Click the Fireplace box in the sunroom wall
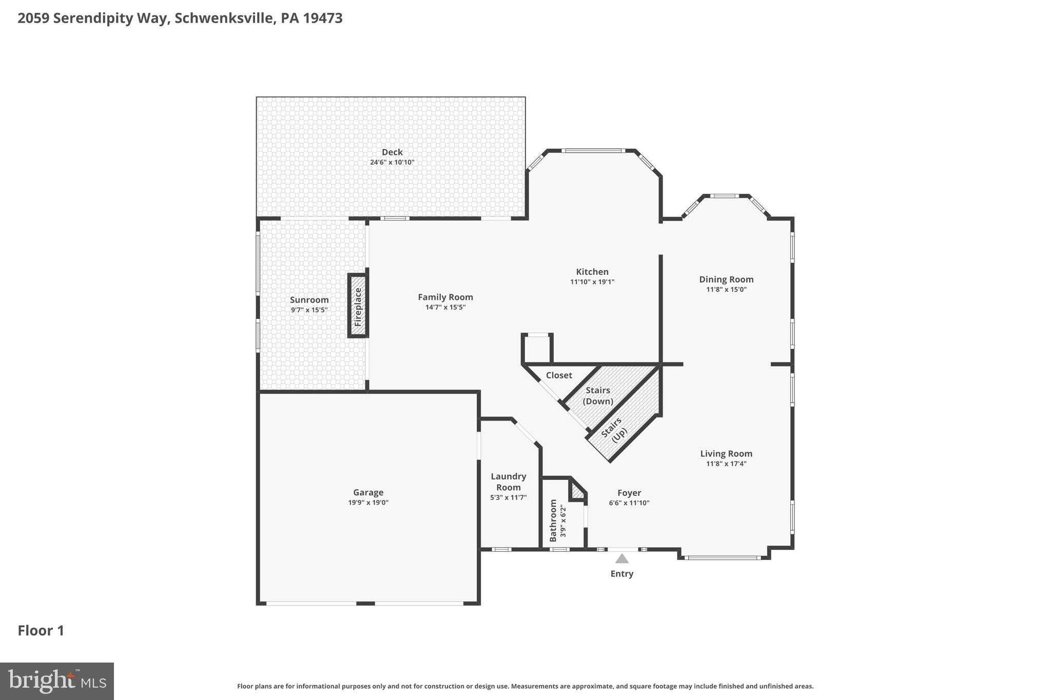[x=358, y=306]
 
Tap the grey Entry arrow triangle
[x=622, y=558]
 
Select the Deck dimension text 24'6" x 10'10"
[x=392, y=163]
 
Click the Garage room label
[x=368, y=492]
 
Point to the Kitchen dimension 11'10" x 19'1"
[x=592, y=282]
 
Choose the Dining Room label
[x=726, y=279]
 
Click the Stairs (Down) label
[x=598, y=396]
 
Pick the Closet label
[x=559, y=375]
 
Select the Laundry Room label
[x=509, y=482]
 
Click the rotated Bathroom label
[x=553, y=521]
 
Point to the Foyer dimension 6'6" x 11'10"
[x=629, y=503]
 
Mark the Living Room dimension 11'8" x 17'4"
[x=726, y=464]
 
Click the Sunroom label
[x=309, y=300]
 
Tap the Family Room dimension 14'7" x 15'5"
[x=445, y=308]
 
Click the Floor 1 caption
[x=41, y=631]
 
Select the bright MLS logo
[x=57, y=681]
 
